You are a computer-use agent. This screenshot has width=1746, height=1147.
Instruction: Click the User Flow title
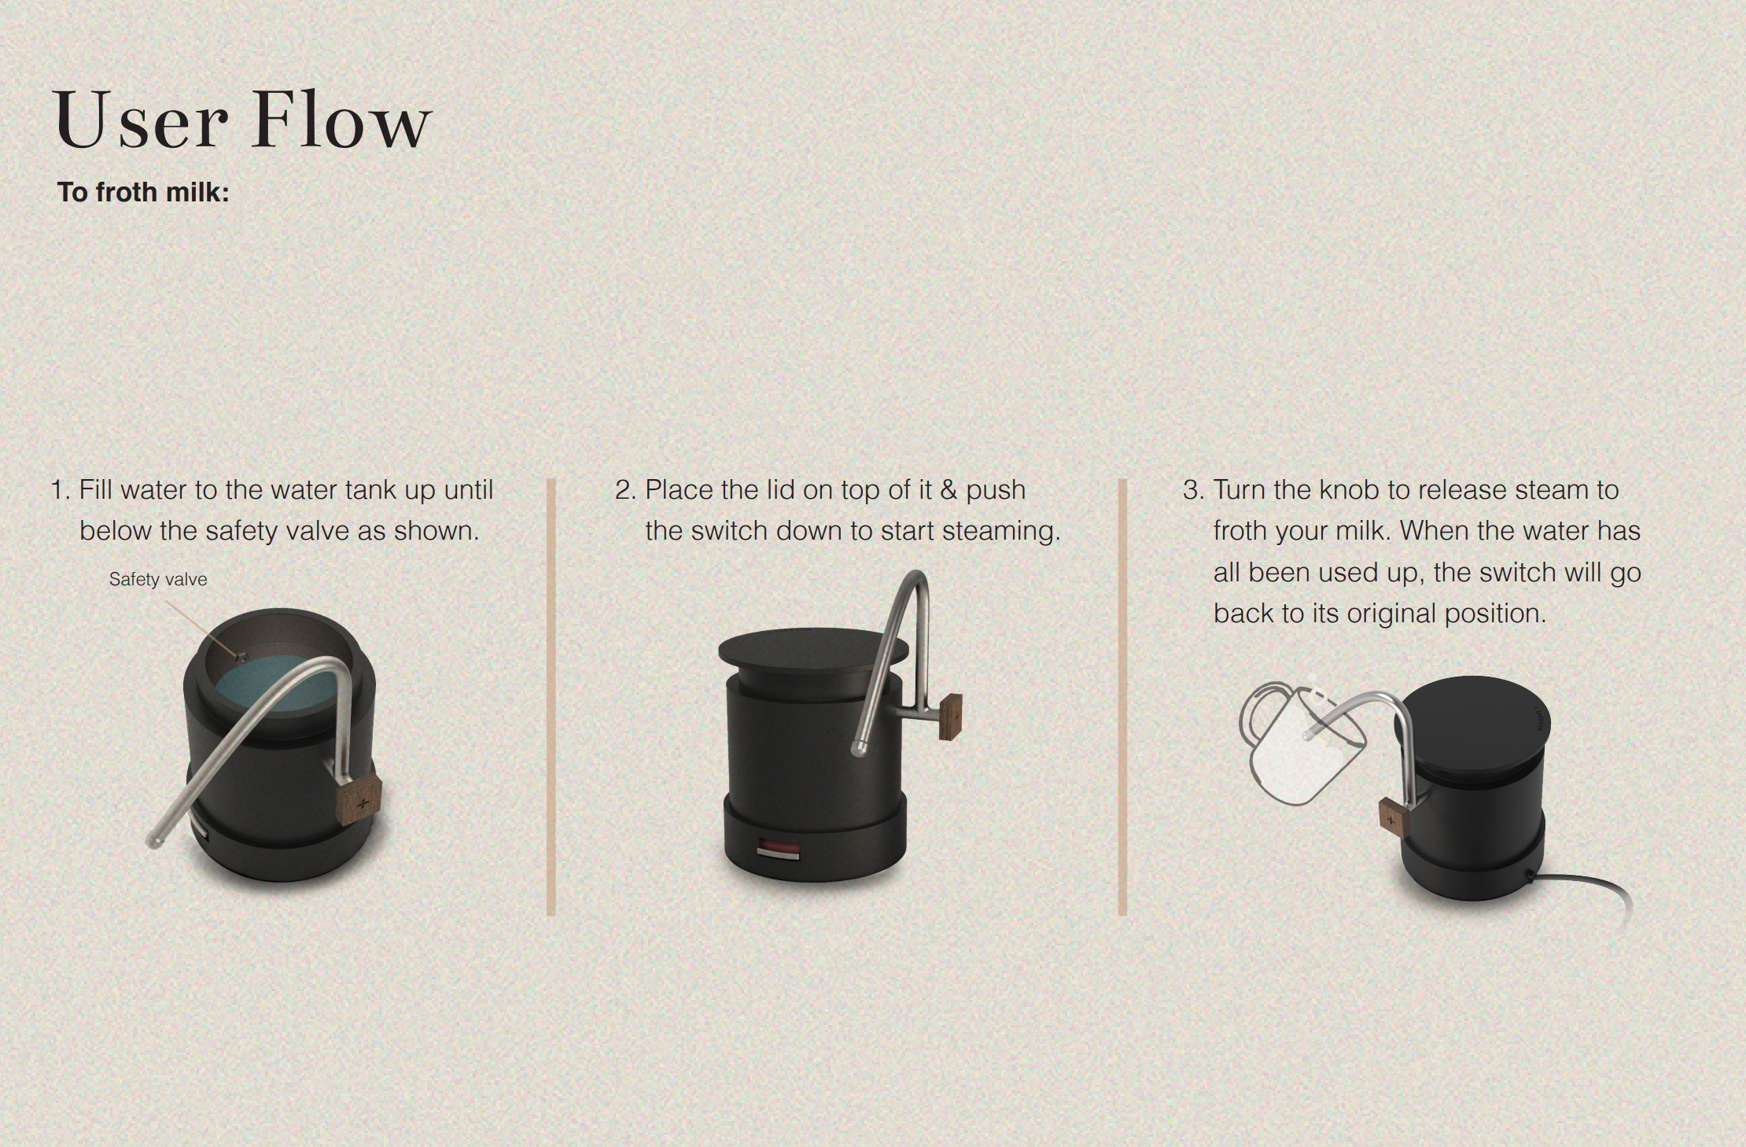point(242,120)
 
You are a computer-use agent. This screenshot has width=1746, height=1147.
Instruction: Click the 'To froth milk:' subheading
point(143,192)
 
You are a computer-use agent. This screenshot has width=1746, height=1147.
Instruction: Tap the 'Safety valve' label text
point(158,579)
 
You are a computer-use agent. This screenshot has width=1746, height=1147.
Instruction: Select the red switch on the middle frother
point(779,850)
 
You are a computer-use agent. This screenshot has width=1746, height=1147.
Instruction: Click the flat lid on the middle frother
point(813,651)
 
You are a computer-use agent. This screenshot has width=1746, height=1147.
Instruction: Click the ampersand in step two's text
point(949,490)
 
